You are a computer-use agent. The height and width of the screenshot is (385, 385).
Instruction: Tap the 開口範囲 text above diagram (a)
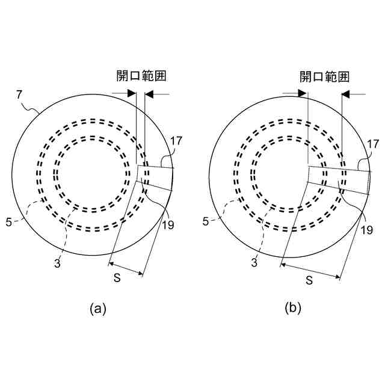pyautogui.click(x=141, y=76)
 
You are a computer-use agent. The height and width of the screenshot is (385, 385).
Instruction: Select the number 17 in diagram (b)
pyautogui.click(x=373, y=144)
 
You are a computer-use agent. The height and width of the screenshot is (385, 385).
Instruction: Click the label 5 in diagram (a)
pyautogui.click(x=9, y=222)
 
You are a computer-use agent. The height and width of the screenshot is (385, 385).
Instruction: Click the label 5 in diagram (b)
pyautogui.click(x=206, y=222)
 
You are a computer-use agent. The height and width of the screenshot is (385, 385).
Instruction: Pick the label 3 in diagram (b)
pyautogui.click(x=254, y=263)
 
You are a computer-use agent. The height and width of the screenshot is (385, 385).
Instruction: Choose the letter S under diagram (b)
pyautogui.click(x=309, y=280)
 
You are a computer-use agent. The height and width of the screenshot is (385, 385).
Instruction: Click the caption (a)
pyautogui.click(x=97, y=309)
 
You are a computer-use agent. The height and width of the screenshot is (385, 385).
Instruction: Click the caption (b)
pyautogui.click(x=293, y=309)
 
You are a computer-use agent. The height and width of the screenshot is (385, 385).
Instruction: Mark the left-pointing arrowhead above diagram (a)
pyautogui.click(x=150, y=94)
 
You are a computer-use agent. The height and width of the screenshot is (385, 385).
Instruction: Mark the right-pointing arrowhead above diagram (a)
pyautogui.click(x=132, y=94)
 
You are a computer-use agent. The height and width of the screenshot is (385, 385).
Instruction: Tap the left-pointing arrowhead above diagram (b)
pyautogui.click(x=345, y=94)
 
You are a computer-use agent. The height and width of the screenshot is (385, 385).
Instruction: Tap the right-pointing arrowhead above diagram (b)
pyautogui.click(x=303, y=94)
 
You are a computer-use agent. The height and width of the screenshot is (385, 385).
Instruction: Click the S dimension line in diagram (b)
pyautogui.click(x=311, y=270)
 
